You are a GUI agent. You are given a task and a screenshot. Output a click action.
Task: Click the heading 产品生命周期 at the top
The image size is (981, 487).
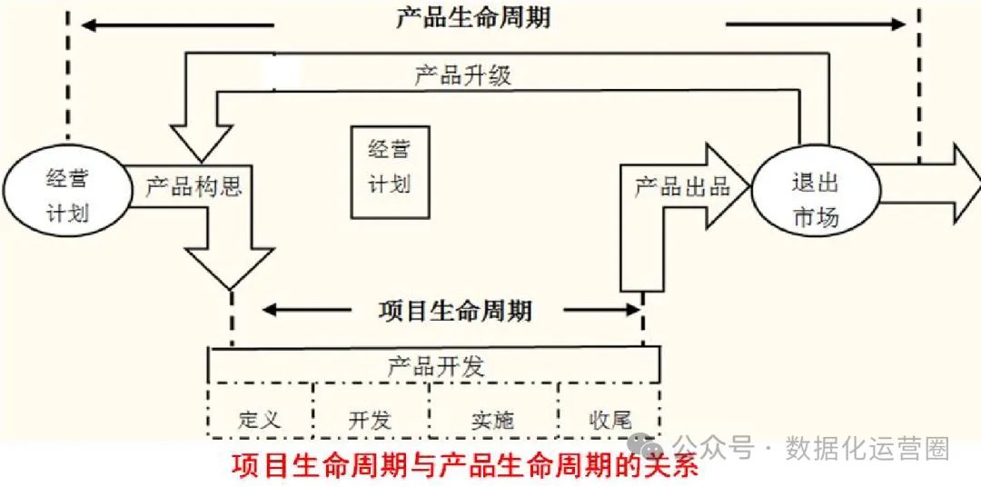click(x=472, y=18)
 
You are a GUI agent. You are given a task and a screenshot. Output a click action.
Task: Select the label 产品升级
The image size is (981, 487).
click(x=462, y=75)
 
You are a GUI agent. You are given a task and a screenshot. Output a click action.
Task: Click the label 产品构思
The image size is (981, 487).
click(x=193, y=187)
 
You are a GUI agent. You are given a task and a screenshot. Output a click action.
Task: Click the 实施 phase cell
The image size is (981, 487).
click(x=492, y=419)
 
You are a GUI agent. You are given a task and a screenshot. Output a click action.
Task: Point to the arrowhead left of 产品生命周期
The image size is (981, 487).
click(x=88, y=25)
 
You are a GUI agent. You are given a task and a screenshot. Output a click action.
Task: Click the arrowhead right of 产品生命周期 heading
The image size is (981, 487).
click(x=898, y=25)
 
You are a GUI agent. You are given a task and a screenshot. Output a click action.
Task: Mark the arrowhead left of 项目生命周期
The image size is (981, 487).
click(x=269, y=310)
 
